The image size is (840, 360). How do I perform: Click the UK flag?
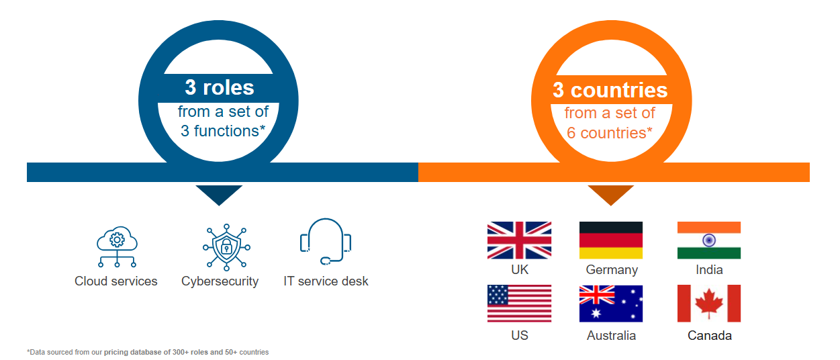pyautogui.click(x=519, y=240)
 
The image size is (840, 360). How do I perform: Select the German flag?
pyautogui.click(x=611, y=240)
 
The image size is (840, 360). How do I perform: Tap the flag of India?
pyautogui.click(x=709, y=240)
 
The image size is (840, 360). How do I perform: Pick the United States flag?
pyautogui.click(x=519, y=304)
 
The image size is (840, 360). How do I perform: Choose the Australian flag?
pyautogui.click(x=611, y=304)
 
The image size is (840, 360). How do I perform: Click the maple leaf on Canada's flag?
pyautogui.click(x=709, y=304)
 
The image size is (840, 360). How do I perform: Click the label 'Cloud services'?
pyautogui.click(x=116, y=281)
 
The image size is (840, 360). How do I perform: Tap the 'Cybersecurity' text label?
pyautogui.click(x=220, y=281)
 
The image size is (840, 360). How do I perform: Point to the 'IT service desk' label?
pyautogui.click(x=326, y=281)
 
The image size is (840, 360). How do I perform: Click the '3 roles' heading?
pyautogui.click(x=220, y=88)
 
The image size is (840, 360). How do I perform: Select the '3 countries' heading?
pyautogui.click(x=610, y=90)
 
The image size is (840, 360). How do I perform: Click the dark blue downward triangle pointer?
pyautogui.click(x=219, y=193)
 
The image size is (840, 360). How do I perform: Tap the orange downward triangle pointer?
pyautogui.click(x=610, y=193)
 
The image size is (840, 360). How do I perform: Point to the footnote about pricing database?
pyautogui.click(x=148, y=352)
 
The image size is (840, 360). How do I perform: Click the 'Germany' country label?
pyautogui.click(x=611, y=270)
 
